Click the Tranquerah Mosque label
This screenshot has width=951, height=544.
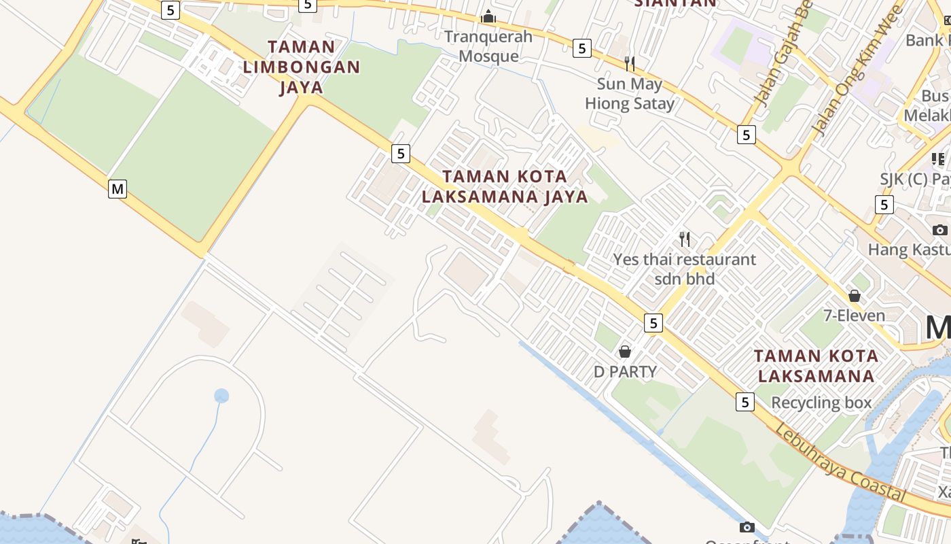pyautogui.click(x=488, y=46)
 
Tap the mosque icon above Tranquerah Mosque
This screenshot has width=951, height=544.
pyautogui.click(x=488, y=16)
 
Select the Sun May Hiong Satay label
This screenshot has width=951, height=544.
pyautogui.click(x=630, y=94)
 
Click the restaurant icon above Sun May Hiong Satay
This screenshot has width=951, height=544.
pyautogui.click(x=630, y=64)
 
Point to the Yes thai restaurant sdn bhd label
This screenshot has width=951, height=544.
pyautogui.click(x=684, y=269)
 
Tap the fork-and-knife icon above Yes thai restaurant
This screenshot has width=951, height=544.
pyautogui.click(x=685, y=239)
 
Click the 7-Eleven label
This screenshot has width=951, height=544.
pyautogui.click(x=854, y=316)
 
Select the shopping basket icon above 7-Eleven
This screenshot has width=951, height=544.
pyautogui.click(x=855, y=296)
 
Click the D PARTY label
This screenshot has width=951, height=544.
pyautogui.click(x=625, y=371)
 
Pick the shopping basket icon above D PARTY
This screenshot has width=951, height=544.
pyautogui.click(x=625, y=352)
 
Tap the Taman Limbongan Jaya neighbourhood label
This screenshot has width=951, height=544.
pyautogui.click(x=301, y=67)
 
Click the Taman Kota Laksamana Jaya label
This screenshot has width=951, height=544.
pyautogui.click(x=505, y=186)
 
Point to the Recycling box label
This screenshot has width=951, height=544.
pyautogui.click(x=821, y=403)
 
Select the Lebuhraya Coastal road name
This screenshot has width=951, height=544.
pyautogui.click(x=840, y=464)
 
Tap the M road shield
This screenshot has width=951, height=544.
pyautogui.click(x=118, y=188)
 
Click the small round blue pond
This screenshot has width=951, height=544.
pyautogui.click(x=221, y=396)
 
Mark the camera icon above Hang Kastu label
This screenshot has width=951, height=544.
pyautogui.click(x=940, y=230)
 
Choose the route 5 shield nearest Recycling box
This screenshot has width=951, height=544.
pyautogui.click(x=745, y=402)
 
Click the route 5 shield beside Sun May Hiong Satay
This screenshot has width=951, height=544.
pyautogui.click(x=581, y=48)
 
